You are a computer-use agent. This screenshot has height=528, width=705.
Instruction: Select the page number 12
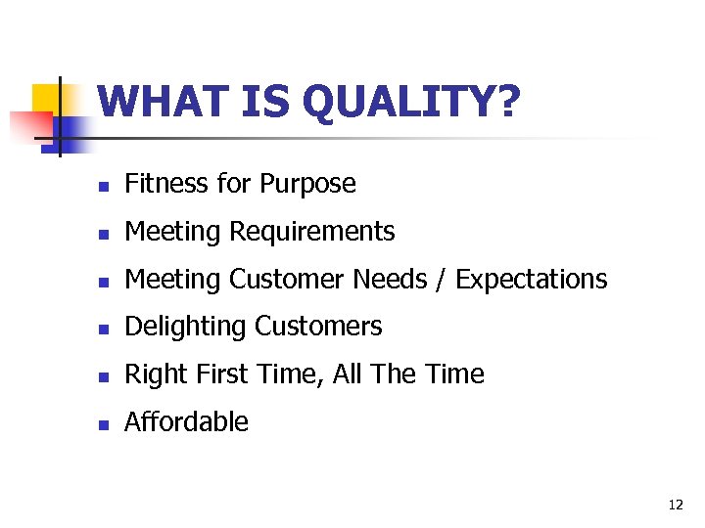coord(675,505)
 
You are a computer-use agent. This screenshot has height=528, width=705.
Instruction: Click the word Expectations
coord(532,280)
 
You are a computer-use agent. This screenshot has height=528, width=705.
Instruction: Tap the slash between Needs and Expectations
coord(441,280)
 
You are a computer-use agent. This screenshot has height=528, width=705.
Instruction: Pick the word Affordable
coord(187,422)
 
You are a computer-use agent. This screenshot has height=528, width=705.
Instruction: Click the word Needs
coord(389,279)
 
